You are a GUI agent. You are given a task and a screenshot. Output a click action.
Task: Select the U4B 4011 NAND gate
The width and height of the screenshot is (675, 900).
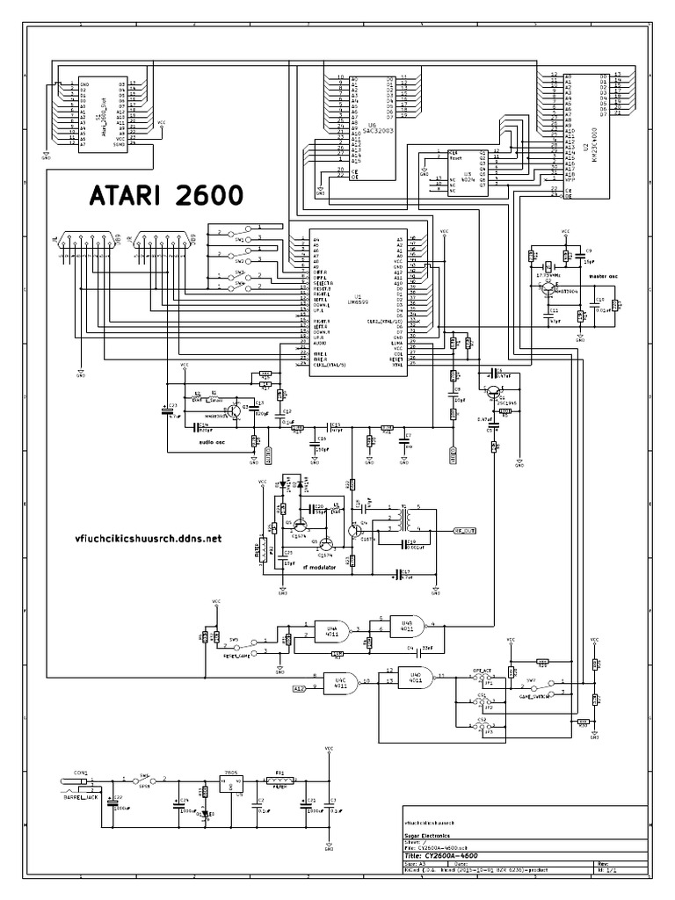[x=406, y=625]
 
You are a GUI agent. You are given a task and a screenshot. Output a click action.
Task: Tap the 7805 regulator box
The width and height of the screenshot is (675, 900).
[x=231, y=786]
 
